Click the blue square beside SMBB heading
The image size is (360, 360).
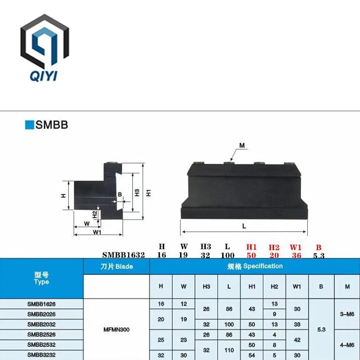click(x=29, y=125)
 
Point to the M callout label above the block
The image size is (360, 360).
click(x=242, y=145)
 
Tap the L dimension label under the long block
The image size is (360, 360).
click(x=244, y=226)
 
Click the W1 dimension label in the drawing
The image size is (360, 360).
click(x=97, y=232)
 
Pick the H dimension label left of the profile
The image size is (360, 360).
click(x=63, y=196)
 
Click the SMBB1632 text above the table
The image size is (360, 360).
click(x=123, y=255)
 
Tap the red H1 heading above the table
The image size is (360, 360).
click(x=251, y=247)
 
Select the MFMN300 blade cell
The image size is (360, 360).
click(x=117, y=329)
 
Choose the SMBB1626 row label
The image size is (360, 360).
click(x=41, y=304)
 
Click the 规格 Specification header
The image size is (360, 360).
click(x=254, y=266)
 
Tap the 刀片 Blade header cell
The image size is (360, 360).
click(x=117, y=266)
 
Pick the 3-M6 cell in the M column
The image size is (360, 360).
click(x=347, y=314)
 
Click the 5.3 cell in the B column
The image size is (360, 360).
click(x=321, y=329)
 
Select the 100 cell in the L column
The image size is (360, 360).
click(x=229, y=324)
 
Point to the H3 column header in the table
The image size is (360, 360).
click(x=207, y=287)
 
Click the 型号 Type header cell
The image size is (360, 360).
click(x=41, y=278)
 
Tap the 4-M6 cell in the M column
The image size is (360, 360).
click(x=347, y=345)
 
